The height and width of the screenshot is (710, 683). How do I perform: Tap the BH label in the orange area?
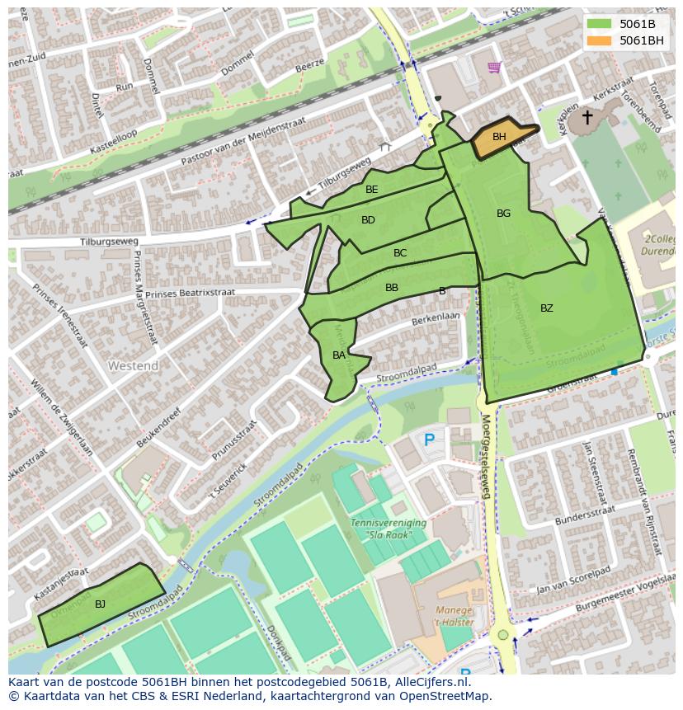[x=499, y=137]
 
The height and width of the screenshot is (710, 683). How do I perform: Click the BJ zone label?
[x=100, y=604]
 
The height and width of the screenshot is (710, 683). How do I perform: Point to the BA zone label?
[x=339, y=355]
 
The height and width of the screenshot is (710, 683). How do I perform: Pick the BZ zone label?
[x=547, y=308]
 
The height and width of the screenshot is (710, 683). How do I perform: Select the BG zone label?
[x=503, y=214]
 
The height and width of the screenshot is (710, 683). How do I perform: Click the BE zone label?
[x=372, y=190]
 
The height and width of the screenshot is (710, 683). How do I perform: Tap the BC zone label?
[x=400, y=253]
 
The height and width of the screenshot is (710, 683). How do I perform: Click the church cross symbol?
[x=587, y=118]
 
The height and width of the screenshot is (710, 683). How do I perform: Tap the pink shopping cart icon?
[x=494, y=67]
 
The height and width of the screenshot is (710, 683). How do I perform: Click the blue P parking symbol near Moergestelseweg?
[x=429, y=440]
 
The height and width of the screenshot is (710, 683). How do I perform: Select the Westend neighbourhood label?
[x=133, y=365]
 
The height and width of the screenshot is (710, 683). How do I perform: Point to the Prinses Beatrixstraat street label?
[x=191, y=293]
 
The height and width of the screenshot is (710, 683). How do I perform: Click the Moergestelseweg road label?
[x=486, y=458]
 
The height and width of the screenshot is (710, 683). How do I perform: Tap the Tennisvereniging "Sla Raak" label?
[x=389, y=529]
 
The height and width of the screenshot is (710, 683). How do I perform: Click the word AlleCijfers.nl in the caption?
[x=429, y=682]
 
